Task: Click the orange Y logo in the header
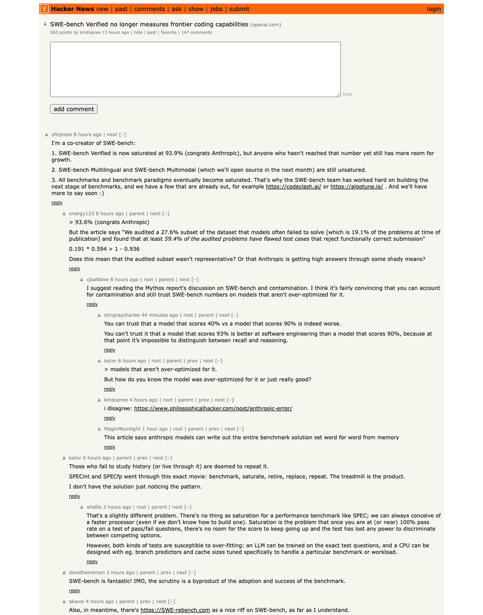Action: click(44, 9)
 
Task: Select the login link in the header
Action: click(433, 9)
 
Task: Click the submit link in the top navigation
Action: click(239, 9)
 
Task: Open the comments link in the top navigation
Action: click(150, 9)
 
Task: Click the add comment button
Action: click(74, 109)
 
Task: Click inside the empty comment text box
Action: click(195, 69)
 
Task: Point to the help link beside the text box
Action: click(347, 94)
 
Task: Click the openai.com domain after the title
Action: click(266, 25)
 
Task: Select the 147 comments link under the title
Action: click(196, 33)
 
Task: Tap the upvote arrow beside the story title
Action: click(45, 24)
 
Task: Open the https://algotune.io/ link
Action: click(357, 187)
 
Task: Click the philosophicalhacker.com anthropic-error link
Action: click(213, 409)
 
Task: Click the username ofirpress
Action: click(61, 135)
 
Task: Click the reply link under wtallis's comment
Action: click(92, 562)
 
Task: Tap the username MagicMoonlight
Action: click(122, 429)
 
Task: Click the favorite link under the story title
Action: click(169, 33)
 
